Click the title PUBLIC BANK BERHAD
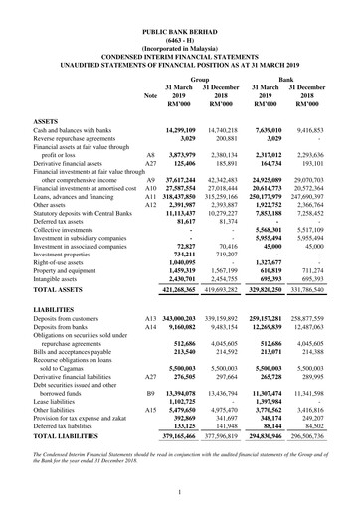coord(180,9)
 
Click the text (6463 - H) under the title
coord(180,18)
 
